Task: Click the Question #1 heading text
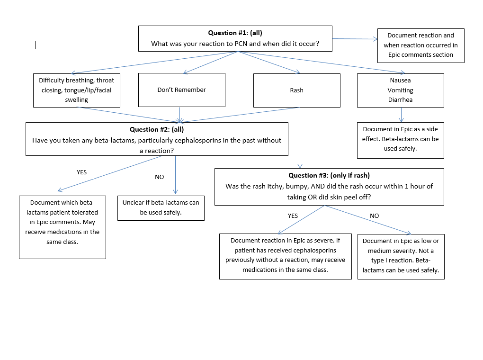[235, 33]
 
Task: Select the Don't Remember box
[181, 90]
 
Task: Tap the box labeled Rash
[296, 90]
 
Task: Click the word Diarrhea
[400, 100]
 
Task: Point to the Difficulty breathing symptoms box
[76, 90]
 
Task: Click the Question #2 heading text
[156, 129]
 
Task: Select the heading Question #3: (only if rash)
[329, 175]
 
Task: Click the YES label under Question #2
[81, 172]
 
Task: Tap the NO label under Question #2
[159, 177]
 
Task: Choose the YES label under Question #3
[293, 216]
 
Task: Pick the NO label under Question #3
[374, 216]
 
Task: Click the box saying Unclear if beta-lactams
[161, 207]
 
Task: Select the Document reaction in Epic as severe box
[285, 256]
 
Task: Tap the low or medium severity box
[401, 256]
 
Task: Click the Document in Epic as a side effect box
[400, 139]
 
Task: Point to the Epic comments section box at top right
[420, 45]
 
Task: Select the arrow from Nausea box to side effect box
[401, 115]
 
